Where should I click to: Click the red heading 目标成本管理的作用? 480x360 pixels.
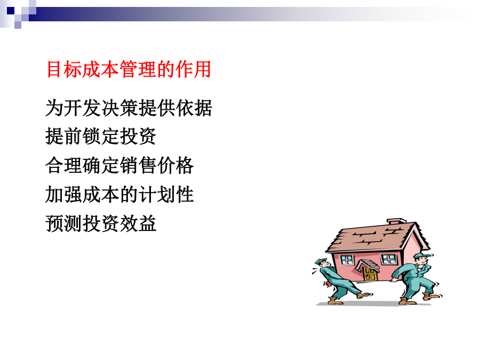tap(129, 69)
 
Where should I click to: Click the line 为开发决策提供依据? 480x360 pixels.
tap(129, 108)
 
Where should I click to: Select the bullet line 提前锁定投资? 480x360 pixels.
tap(101, 136)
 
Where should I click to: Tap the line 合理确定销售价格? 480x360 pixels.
tap(119, 165)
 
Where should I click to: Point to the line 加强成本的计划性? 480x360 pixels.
tap(119, 194)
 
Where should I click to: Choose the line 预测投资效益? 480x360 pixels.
tap(101, 223)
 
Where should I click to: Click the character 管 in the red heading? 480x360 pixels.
tap(129, 69)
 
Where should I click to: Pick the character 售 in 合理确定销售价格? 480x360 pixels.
tap(147, 165)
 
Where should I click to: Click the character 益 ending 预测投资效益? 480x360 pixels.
tap(147, 223)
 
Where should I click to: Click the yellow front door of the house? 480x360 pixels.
tap(370, 274)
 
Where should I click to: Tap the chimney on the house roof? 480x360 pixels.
tap(397, 221)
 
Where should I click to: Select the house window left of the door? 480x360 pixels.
tap(347, 260)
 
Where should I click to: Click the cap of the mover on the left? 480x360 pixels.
tap(321, 261)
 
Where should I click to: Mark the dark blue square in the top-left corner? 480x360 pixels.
tap(11, 11)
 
